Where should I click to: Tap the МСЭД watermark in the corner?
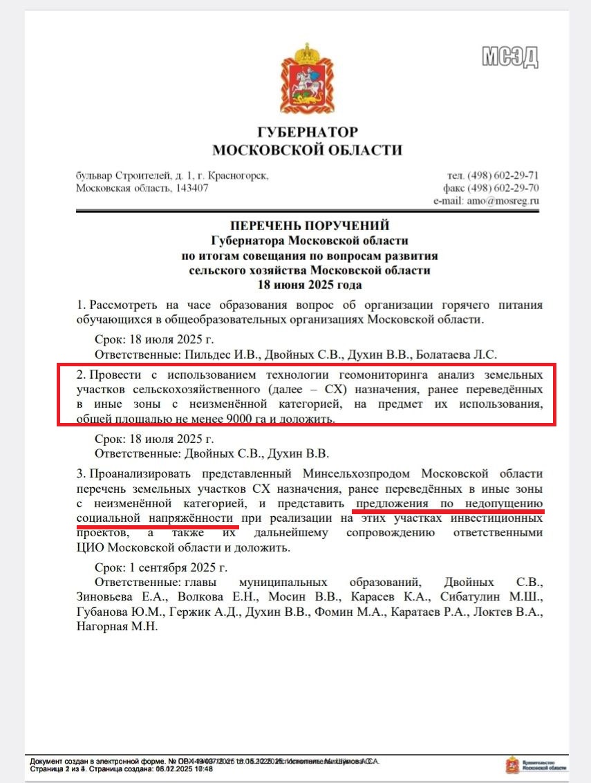[x=511, y=57]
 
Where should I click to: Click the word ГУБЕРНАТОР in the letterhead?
[x=308, y=132]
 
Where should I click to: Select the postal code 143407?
[x=187, y=188]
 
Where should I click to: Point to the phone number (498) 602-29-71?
[x=503, y=176]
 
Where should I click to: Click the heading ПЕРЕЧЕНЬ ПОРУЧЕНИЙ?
[x=310, y=225]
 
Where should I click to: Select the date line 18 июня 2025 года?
[x=310, y=284]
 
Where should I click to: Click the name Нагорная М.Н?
[x=118, y=627]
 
